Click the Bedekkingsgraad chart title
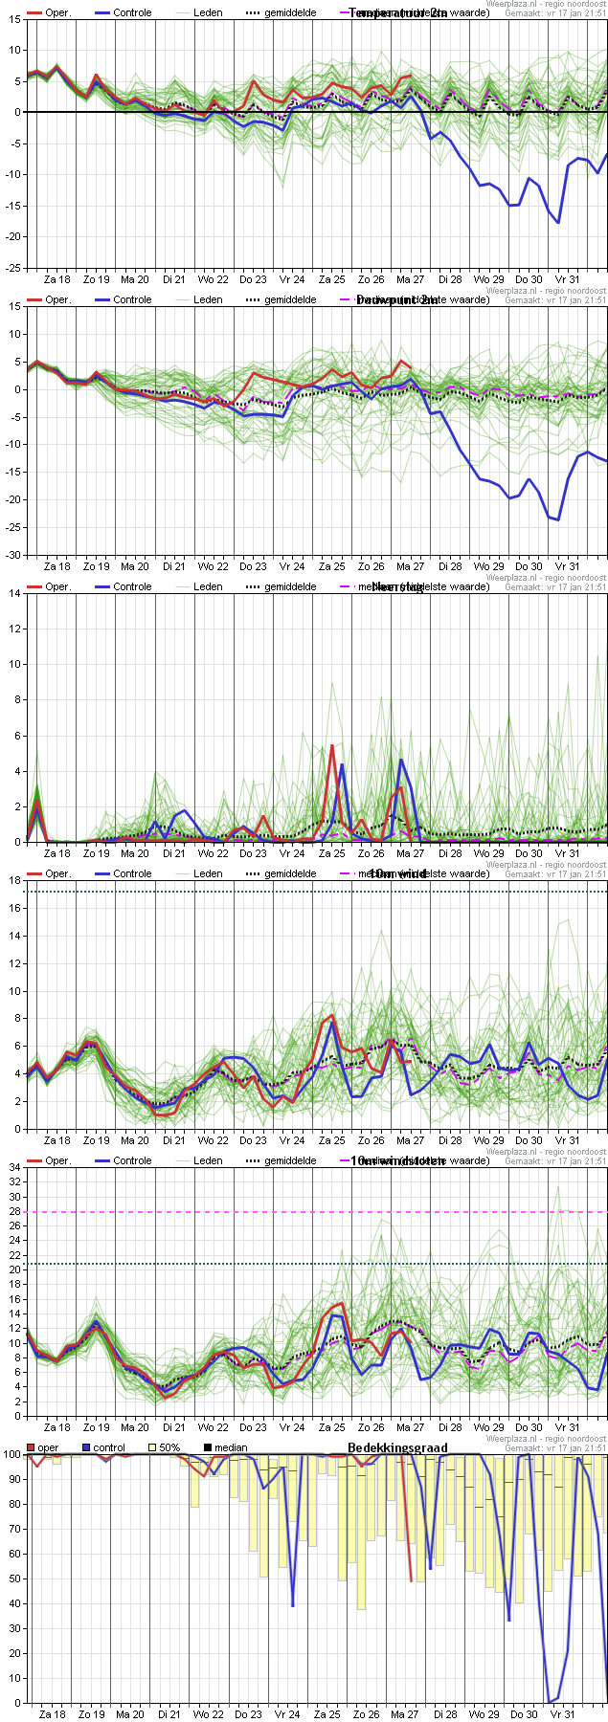pyautogui.click(x=397, y=1447)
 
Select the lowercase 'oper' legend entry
pyautogui.click(x=48, y=1447)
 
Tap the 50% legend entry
pyautogui.click(x=169, y=1447)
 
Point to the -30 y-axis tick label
pyautogui.click(x=13, y=555)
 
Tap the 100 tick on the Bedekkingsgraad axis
pyautogui.click(x=11, y=1454)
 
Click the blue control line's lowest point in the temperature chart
pyautogui.click(x=558, y=222)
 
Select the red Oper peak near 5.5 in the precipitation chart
pyautogui.click(x=331, y=745)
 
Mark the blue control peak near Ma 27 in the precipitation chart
pyautogui.click(x=401, y=760)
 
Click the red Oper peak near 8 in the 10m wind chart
pyautogui.click(x=331, y=1015)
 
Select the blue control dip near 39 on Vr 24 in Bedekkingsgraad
pyautogui.click(x=292, y=1605)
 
